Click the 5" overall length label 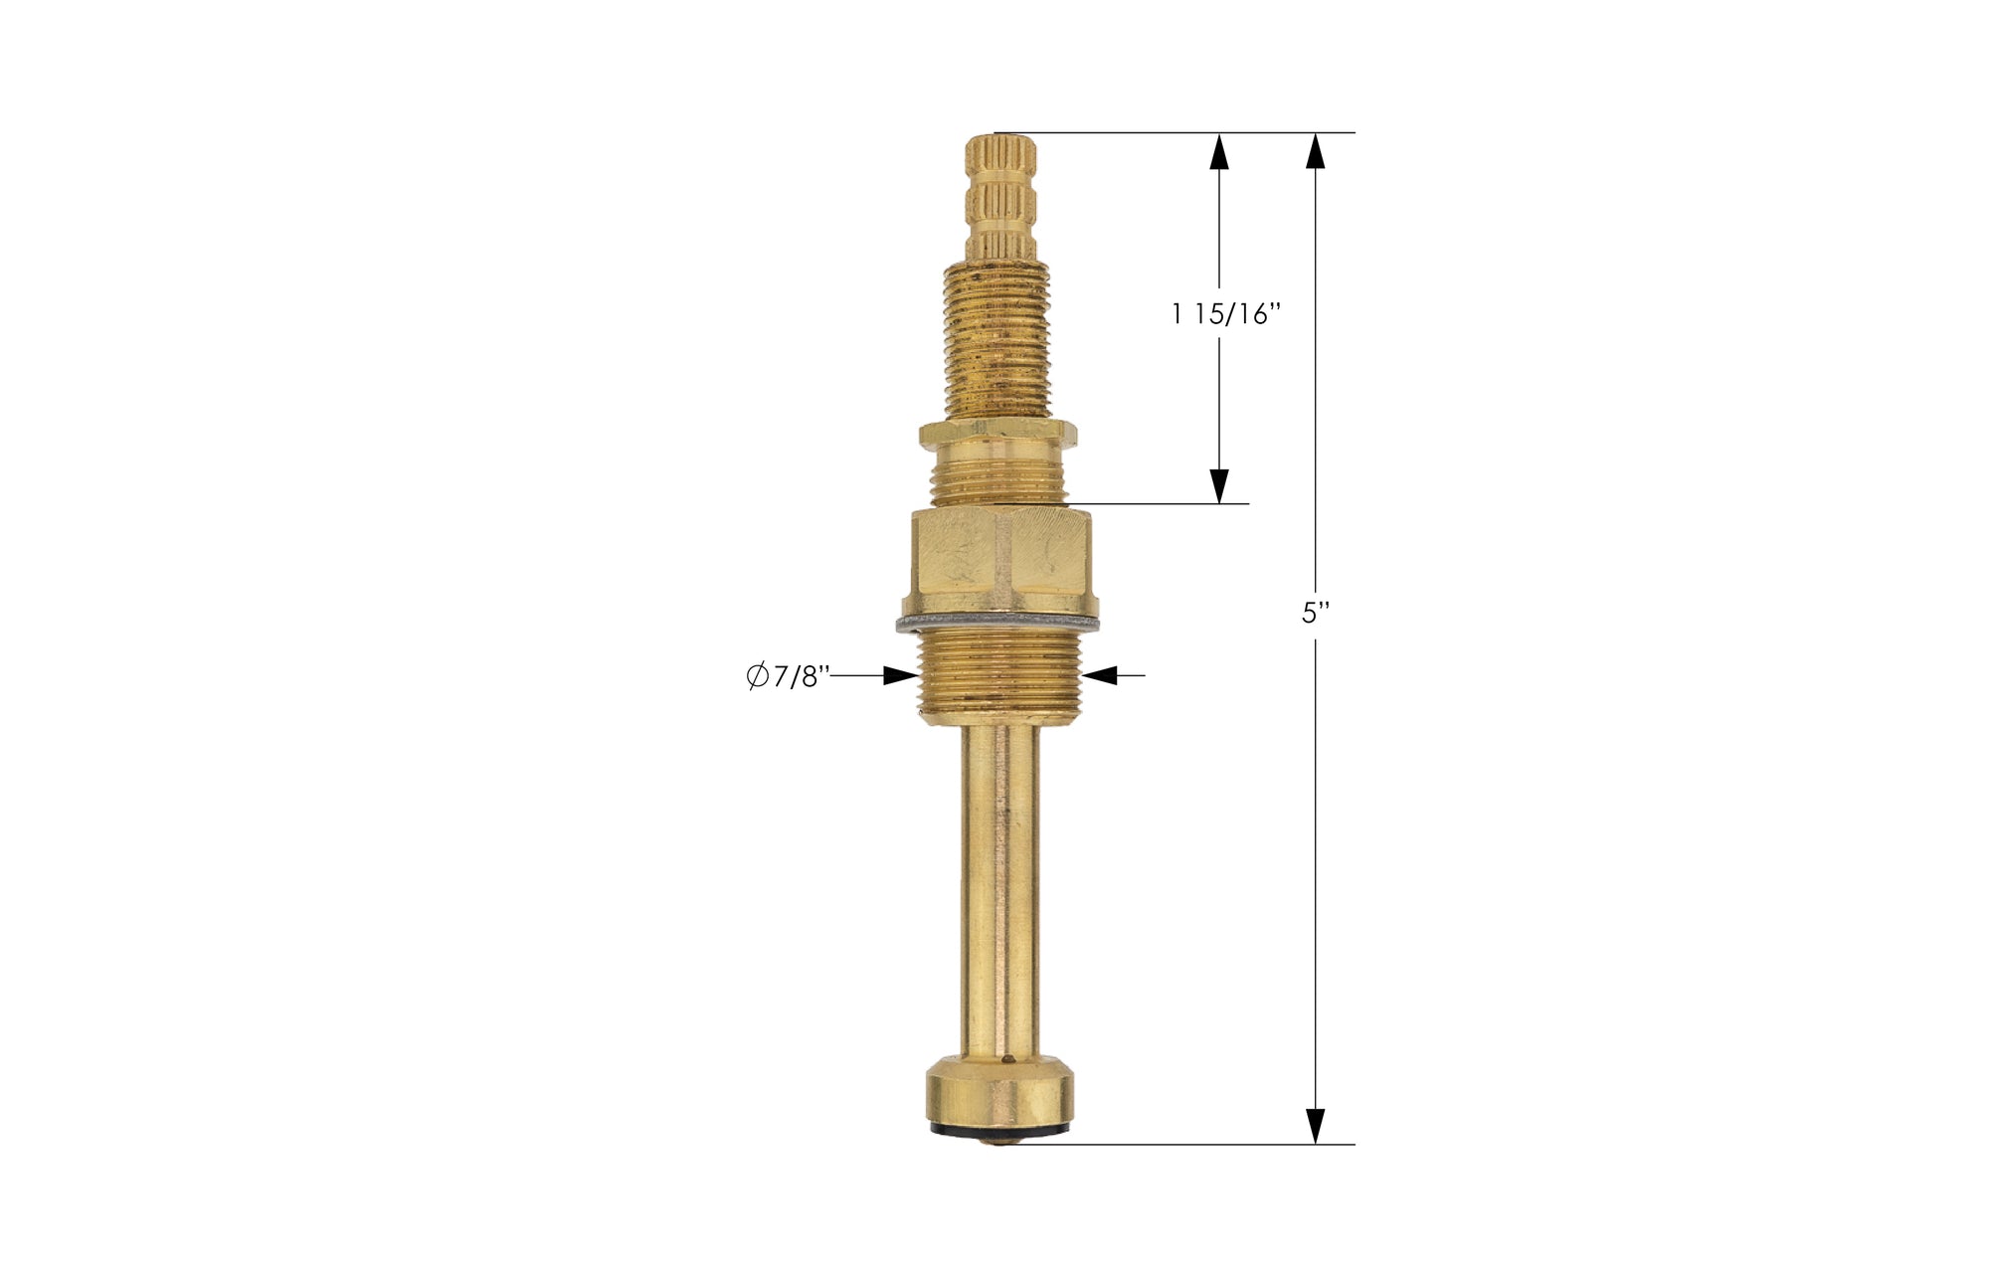(1315, 614)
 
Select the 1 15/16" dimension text (1225, 314)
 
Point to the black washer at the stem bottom (999, 1134)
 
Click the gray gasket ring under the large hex (998, 625)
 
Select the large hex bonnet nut (998, 559)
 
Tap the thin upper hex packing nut (998, 432)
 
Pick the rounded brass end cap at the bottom (999, 1099)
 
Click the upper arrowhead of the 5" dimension (1315, 150)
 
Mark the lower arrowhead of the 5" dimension (1315, 1126)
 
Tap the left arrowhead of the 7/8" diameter (900, 675)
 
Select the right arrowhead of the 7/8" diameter (1100, 675)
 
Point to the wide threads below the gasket (998, 676)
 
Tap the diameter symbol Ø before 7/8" (758, 676)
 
